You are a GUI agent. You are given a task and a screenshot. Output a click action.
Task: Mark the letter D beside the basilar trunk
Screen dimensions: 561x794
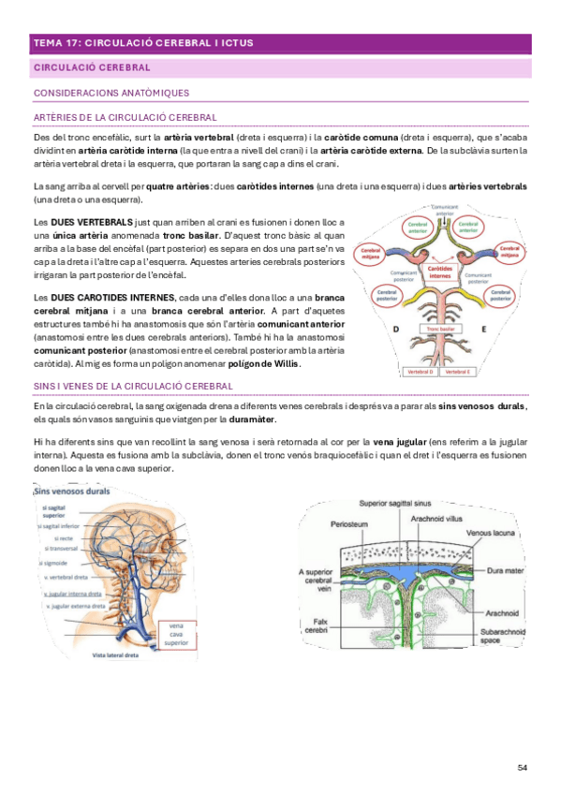point(395,330)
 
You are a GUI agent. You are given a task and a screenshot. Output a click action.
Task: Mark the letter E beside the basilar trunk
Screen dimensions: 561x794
point(483,330)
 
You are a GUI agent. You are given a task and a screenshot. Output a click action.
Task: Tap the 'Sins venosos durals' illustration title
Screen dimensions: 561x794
point(71,491)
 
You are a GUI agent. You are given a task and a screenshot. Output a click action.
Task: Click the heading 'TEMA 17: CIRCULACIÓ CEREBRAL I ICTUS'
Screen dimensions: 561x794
point(142,43)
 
